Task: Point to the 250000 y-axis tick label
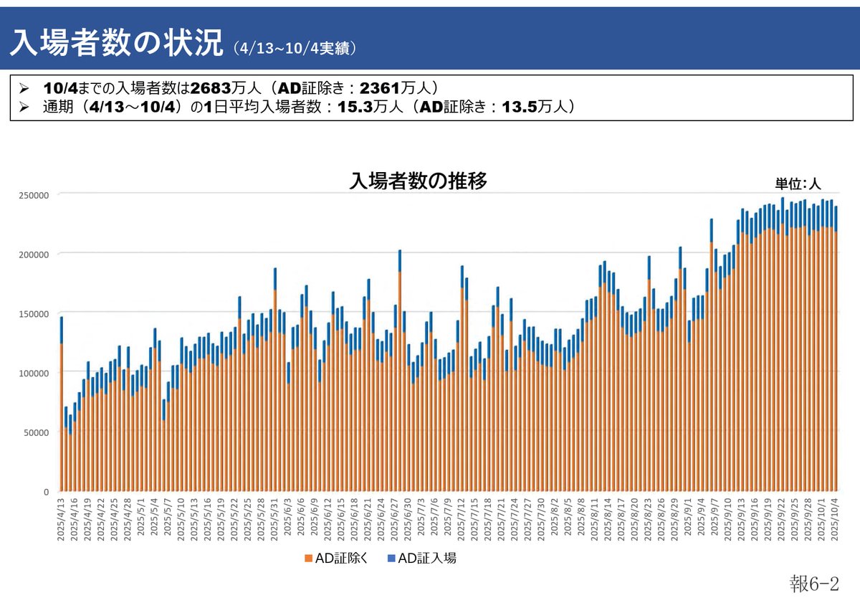point(33,195)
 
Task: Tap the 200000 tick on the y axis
point(33,255)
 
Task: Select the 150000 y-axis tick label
point(33,314)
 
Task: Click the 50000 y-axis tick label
point(35,432)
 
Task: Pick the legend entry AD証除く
point(337,559)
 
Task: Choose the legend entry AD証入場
point(422,559)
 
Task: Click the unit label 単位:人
point(797,184)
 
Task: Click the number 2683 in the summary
point(210,88)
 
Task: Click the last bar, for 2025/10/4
point(836,358)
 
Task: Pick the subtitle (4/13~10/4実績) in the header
point(295,48)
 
